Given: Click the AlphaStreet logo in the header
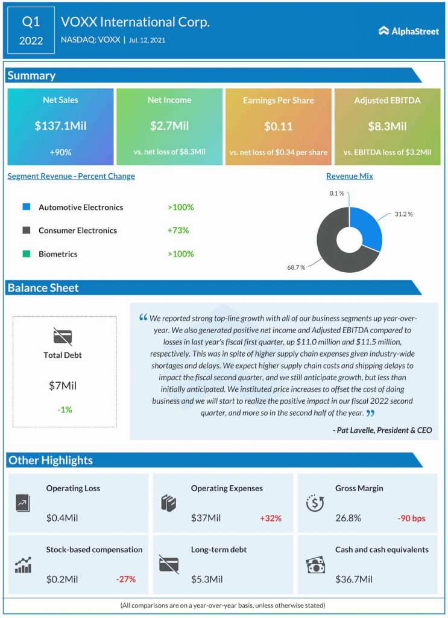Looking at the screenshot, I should pos(408,31).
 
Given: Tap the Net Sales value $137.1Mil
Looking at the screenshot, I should pos(60,126).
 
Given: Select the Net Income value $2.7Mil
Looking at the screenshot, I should pos(169,126).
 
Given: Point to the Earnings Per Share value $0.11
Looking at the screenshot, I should pos(278,126).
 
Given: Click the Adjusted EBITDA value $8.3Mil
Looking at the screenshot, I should pos(387,126).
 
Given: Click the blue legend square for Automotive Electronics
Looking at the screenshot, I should pos(27,207).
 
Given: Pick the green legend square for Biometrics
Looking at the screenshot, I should pos(27,254).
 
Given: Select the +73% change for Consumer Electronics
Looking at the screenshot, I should pos(178,231).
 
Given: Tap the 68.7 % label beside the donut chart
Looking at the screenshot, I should pos(295,267).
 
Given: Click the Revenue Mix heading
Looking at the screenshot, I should pos(349,176).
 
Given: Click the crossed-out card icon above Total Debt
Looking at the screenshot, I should pos(63,336).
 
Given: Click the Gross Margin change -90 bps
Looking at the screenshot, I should pos(411,518).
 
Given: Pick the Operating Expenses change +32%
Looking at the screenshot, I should pos(271,518).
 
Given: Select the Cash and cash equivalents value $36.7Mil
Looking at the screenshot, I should pos(354,579).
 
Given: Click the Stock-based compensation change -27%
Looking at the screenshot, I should pos(125,579).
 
